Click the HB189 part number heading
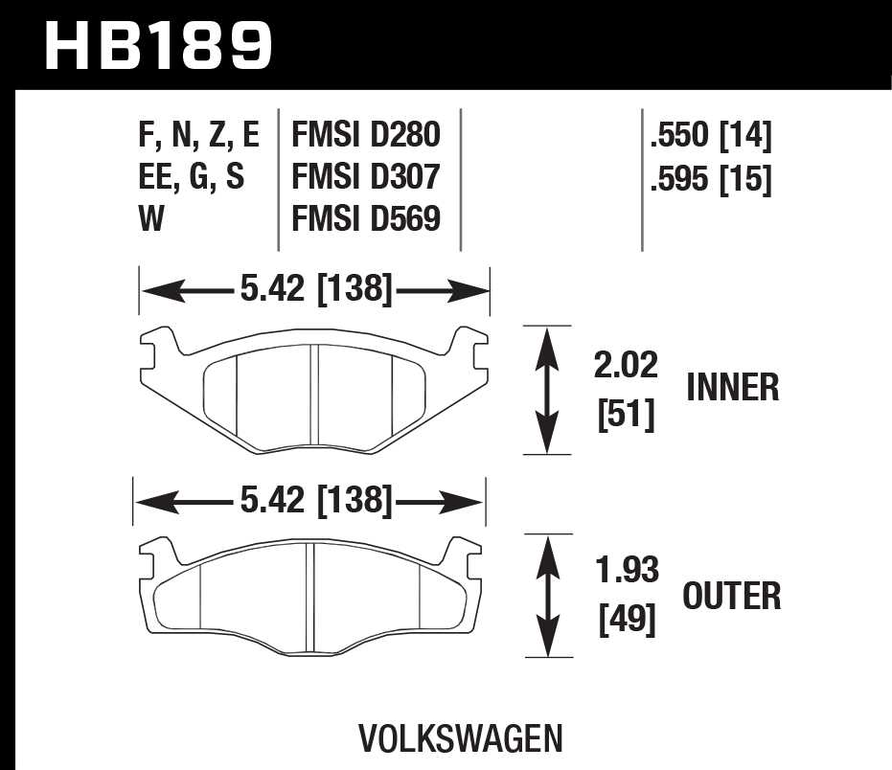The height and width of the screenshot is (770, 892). pyautogui.click(x=159, y=45)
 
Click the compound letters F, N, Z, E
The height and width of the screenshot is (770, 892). pyautogui.click(x=198, y=135)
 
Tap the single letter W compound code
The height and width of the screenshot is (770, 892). pyautogui.click(x=152, y=219)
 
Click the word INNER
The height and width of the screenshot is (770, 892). pyautogui.click(x=733, y=388)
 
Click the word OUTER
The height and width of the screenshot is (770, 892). pyautogui.click(x=732, y=597)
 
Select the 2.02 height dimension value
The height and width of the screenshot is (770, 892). pyautogui.click(x=627, y=367)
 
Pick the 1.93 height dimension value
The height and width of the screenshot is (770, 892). pyautogui.click(x=627, y=571)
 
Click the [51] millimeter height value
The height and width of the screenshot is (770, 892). pyautogui.click(x=627, y=415)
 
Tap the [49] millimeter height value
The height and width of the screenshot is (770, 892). pyautogui.click(x=627, y=622)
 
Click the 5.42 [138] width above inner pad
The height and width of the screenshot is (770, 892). pyautogui.click(x=315, y=288)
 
